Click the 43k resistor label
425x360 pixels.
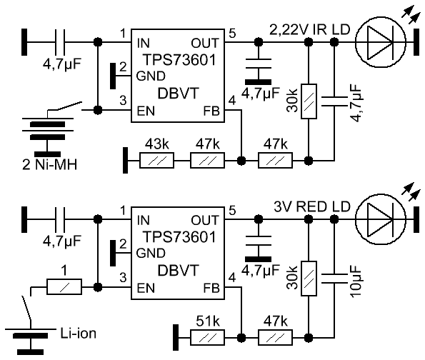[x=156, y=144]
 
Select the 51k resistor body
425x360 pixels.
[x=207, y=337]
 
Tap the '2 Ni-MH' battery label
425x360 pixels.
[x=49, y=164]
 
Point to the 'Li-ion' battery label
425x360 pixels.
[x=78, y=333]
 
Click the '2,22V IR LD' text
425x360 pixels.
[x=310, y=29]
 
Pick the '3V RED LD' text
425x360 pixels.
[x=312, y=207]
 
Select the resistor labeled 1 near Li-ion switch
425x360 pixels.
[x=64, y=286]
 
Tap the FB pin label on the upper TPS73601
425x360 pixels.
[x=211, y=111]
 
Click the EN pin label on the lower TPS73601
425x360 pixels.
[x=146, y=288]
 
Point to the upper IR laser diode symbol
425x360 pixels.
[x=380, y=43]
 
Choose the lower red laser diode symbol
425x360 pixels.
[x=380, y=219]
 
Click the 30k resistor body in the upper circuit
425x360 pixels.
[x=309, y=101]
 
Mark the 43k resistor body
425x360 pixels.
[x=156, y=161]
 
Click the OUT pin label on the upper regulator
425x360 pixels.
[x=204, y=43]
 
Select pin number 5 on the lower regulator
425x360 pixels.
[x=232, y=211]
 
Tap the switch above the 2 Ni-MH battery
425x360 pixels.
[x=65, y=107]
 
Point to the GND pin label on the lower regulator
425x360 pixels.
[x=151, y=253]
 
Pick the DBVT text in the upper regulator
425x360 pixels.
[x=178, y=94]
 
